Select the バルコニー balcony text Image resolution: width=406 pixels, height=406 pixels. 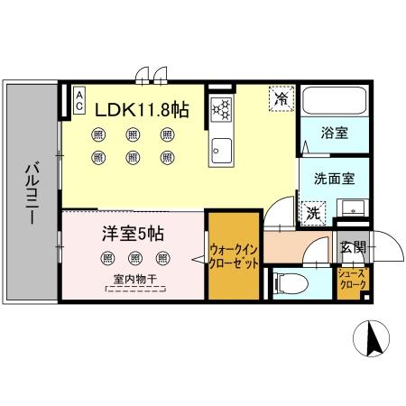pyautogui.click(x=30, y=193)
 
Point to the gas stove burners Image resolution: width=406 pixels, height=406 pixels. pyautogui.click(x=219, y=111)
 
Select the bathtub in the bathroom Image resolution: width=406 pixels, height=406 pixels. pyautogui.click(x=330, y=101)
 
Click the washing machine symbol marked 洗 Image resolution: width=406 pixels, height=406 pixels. pyautogui.click(x=311, y=214)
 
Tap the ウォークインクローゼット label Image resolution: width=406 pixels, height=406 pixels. pyautogui.click(x=235, y=255)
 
